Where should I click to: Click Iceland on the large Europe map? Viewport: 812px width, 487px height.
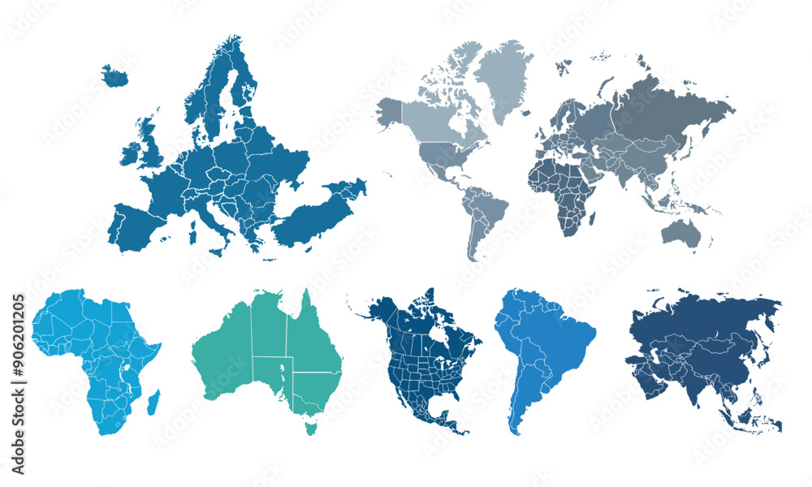point(115,76)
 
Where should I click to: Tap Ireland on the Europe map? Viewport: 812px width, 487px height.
point(130,153)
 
